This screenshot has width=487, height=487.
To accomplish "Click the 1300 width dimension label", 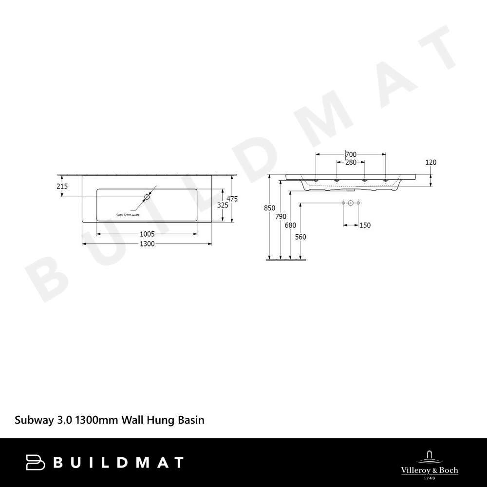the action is [147, 244].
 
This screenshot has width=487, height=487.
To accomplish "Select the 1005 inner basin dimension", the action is [147, 234].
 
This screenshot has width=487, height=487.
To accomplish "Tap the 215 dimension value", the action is [62, 186].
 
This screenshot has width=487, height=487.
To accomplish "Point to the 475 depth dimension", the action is [232, 199].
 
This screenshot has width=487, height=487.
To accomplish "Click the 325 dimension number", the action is [223, 205].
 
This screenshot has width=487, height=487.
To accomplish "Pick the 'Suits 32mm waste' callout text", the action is [128, 215].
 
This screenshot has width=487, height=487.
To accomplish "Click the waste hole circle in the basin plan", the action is [147, 197].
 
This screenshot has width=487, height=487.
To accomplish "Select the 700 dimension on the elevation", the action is [351, 154].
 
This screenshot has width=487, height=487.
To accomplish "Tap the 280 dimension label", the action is [351, 162].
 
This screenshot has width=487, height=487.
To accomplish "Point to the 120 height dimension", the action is [431, 162].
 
